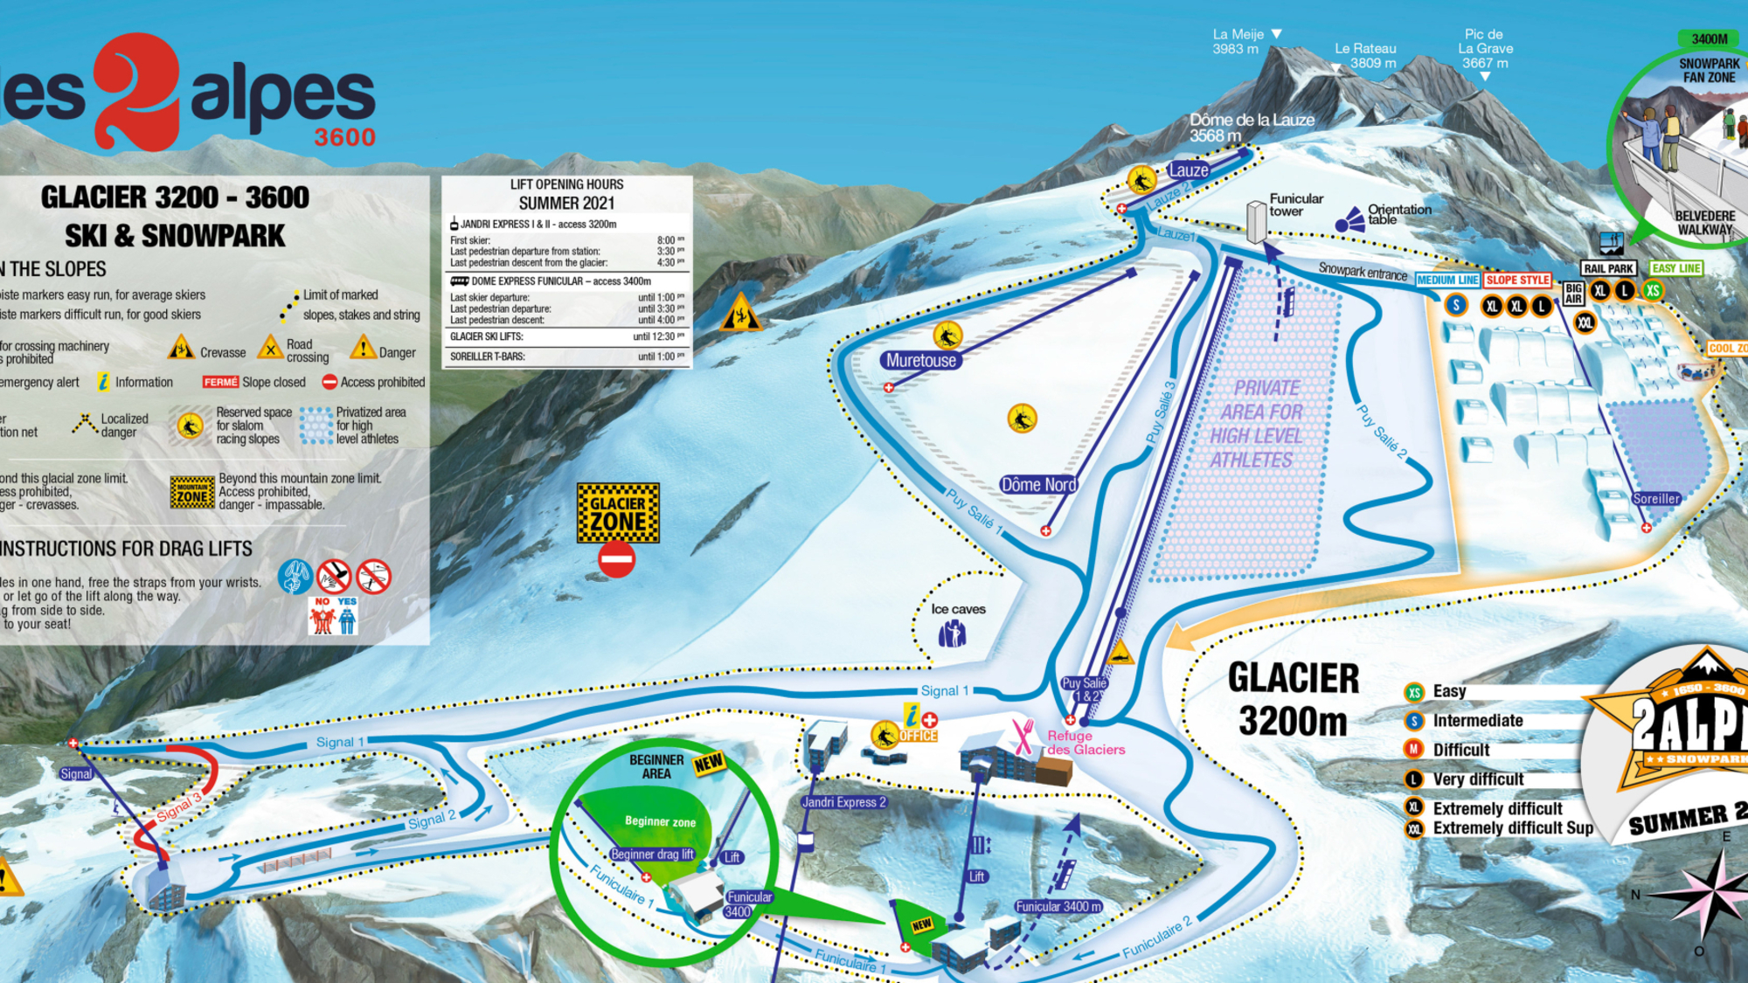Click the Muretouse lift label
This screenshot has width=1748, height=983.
(920, 360)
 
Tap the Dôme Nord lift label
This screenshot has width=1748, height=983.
(1038, 484)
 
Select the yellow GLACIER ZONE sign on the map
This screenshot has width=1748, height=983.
(618, 514)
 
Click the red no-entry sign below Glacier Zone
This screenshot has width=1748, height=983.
(616, 559)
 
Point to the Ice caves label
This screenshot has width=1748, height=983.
(958, 609)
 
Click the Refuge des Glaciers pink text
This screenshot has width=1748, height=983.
(1085, 743)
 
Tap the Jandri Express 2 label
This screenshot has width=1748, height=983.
(843, 802)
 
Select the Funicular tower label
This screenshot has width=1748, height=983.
(1295, 204)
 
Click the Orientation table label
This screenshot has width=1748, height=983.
(1398, 214)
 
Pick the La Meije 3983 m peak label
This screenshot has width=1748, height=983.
(1237, 41)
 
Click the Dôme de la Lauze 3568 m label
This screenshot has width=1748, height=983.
(1251, 128)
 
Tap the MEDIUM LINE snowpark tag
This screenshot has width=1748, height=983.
(1447, 280)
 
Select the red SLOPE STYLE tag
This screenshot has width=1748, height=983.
(1517, 280)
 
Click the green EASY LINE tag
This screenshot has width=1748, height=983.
(1676, 268)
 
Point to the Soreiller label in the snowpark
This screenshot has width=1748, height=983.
(1656, 499)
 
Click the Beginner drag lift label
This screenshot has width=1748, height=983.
(652, 854)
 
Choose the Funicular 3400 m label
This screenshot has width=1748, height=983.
(1058, 907)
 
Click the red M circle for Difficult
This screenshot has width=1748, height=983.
(1413, 750)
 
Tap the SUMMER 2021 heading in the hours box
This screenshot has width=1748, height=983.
(566, 203)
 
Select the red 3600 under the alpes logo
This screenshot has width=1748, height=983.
(344, 137)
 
